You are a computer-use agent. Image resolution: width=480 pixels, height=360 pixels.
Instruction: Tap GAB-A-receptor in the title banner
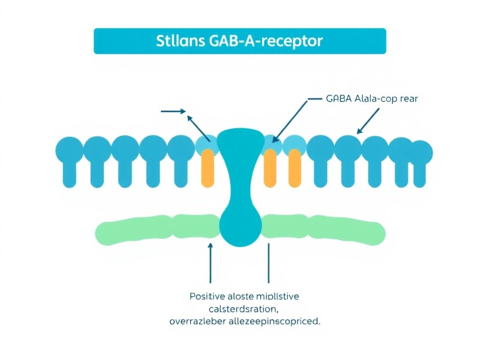pos(264,41)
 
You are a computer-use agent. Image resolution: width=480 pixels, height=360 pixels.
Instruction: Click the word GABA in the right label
pos(337,99)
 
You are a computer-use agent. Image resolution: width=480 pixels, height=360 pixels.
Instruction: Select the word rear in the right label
pos(408,99)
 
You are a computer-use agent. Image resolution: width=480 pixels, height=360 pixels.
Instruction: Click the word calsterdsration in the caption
pos(244,309)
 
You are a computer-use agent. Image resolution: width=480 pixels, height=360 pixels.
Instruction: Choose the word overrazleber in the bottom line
pos(199,322)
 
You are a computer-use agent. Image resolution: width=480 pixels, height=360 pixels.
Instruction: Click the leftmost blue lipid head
pos(69,149)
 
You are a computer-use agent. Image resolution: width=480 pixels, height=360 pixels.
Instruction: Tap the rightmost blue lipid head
pos(420,152)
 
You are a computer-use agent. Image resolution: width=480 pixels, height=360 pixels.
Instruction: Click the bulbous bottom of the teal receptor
pos(240,223)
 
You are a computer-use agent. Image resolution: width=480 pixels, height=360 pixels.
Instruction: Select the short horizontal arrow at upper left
pos(173,112)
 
